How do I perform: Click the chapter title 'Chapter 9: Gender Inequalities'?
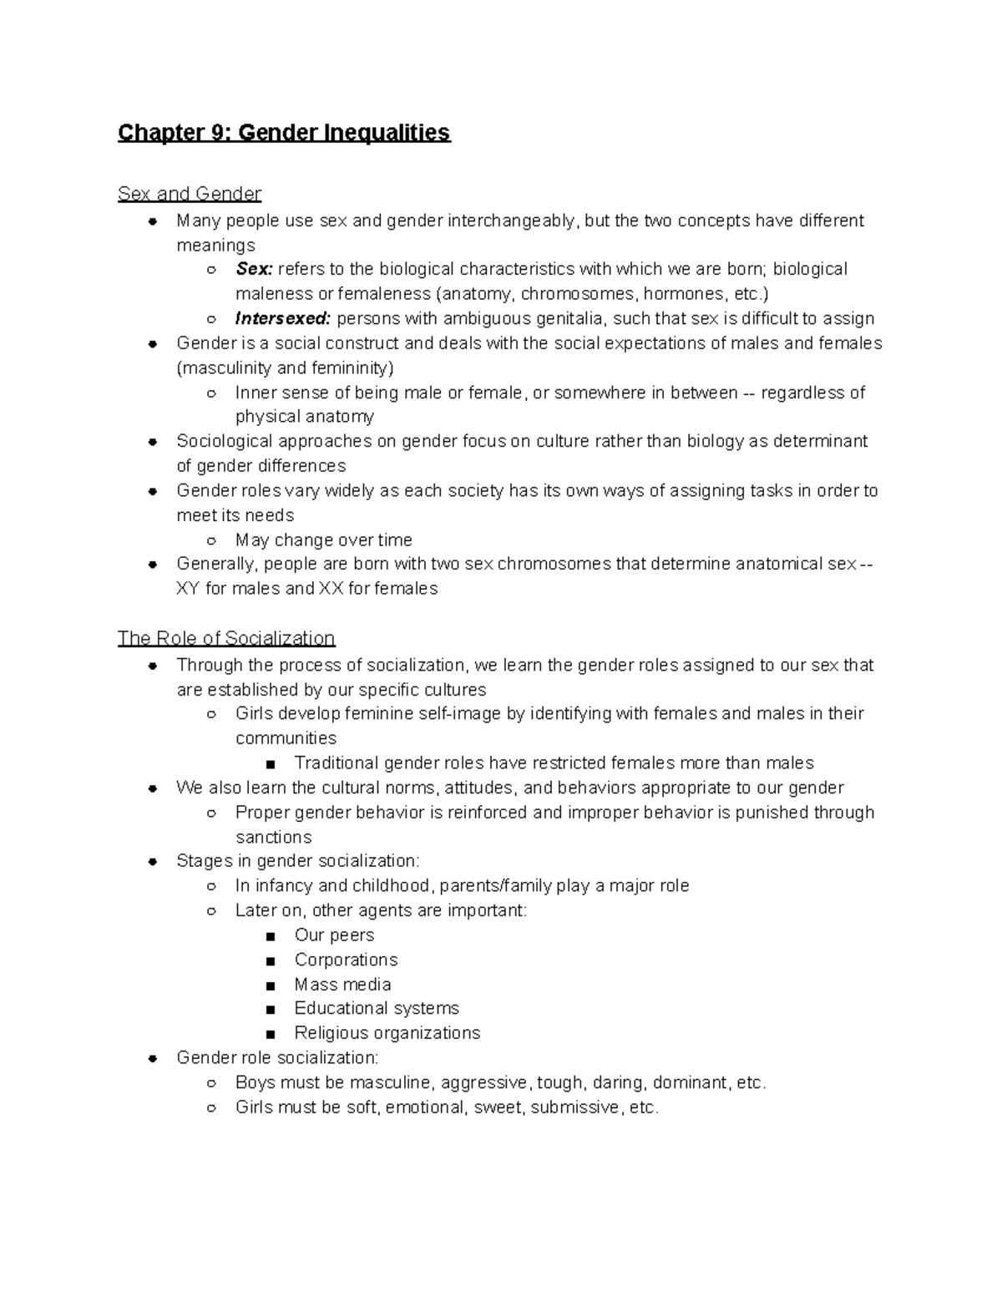click(284, 133)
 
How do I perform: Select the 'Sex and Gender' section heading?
click(190, 194)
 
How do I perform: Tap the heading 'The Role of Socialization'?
click(226, 638)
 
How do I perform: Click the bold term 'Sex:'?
click(254, 269)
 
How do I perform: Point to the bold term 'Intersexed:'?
click(283, 318)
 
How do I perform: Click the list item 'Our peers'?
click(334, 935)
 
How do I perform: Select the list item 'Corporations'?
click(346, 960)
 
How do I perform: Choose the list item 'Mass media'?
click(342, 985)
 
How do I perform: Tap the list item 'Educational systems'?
click(377, 1009)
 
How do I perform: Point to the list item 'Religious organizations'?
click(387, 1033)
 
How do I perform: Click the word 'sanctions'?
click(273, 837)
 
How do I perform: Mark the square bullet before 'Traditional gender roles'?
click(269, 764)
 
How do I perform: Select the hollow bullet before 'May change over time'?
click(212, 540)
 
